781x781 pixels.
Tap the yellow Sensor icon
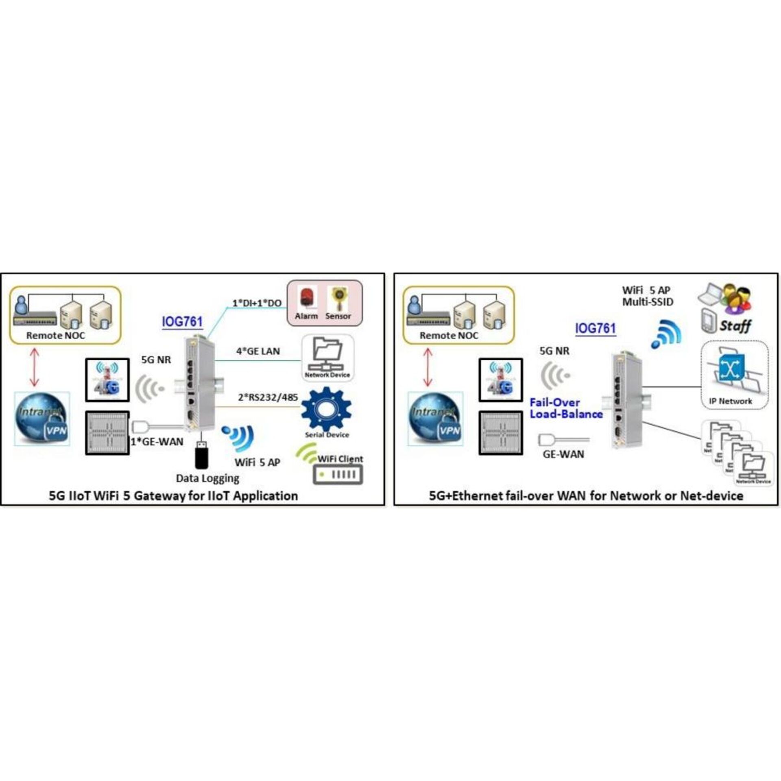(x=338, y=299)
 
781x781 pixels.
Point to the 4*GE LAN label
(x=258, y=351)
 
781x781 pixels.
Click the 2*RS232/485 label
(x=268, y=397)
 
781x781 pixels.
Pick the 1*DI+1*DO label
(x=257, y=303)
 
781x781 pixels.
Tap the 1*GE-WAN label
(x=157, y=442)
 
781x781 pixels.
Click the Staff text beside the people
(x=735, y=326)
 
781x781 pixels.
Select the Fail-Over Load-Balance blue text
(x=565, y=408)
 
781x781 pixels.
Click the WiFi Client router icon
(x=338, y=474)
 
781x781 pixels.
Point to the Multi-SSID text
(x=648, y=302)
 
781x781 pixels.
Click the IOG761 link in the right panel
(x=596, y=328)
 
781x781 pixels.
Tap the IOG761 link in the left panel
(x=182, y=321)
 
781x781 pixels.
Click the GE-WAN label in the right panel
(x=563, y=454)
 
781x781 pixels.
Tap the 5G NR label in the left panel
(x=156, y=360)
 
